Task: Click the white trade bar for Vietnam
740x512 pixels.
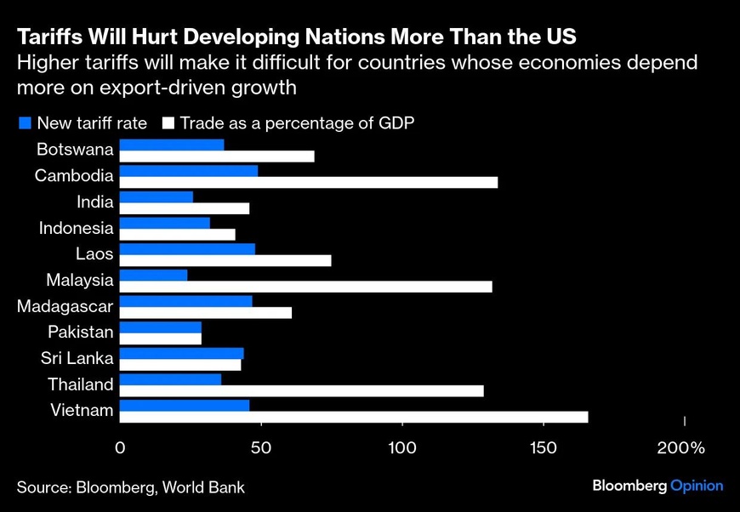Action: pyautogui.click(x=354, y=417)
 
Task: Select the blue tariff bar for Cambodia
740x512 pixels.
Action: pyautogui.click(x=188, y=170)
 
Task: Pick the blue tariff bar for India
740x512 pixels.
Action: pyautogui.click(x=156, y=196)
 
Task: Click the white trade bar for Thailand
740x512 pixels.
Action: pyautogui.click(x=301, y=390)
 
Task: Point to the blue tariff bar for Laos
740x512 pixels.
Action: pyautogui.click(x=187, y=248)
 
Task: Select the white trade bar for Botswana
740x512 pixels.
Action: pyautogui.click(x=217, y=156)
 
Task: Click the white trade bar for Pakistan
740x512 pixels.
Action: pyautogui.click(x=160, y=338)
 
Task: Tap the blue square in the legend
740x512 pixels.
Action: pyautogui.click(x=25, y=123)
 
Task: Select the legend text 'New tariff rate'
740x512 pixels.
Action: pyautogui.click(x=93, y=123)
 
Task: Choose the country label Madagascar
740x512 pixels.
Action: pyautogui.click(x=65, y=305)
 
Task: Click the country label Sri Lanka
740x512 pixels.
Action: pyautogui.click(x=77, y=357)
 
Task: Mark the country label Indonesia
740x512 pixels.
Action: pyautogui.click(x=76, y=228)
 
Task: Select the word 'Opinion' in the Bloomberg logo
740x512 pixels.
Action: pyautogui.click(x=697, y=486)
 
